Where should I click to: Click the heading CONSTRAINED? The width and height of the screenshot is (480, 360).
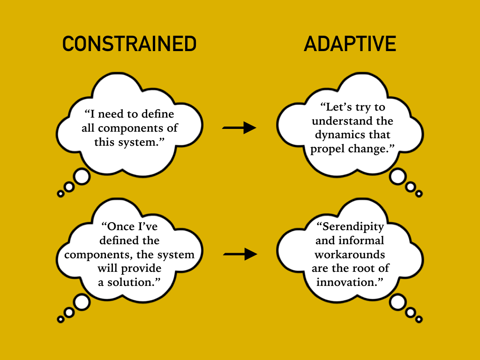[x=129, y=44]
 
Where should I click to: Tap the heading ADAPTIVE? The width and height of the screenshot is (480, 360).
[x=350, y=44]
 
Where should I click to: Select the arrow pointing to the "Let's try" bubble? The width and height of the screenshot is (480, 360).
[x=239, y=127]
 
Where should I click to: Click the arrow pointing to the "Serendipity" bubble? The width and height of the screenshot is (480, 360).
[x=240, y=254]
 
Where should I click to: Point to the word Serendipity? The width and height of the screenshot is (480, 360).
[x=353, y=227]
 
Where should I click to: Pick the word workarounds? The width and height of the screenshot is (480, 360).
[x=350, y=255]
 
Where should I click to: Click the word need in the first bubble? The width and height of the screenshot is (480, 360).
[x=110, y=114]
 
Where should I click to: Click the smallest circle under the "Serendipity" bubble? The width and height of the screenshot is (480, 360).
[x=419, y=319]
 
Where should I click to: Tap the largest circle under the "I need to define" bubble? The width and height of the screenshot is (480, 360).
[x=82, y=177]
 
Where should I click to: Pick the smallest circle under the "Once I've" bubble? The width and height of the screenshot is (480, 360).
[x=60, y=319]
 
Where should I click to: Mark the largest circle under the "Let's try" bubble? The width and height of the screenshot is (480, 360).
[x=397, y=177]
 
